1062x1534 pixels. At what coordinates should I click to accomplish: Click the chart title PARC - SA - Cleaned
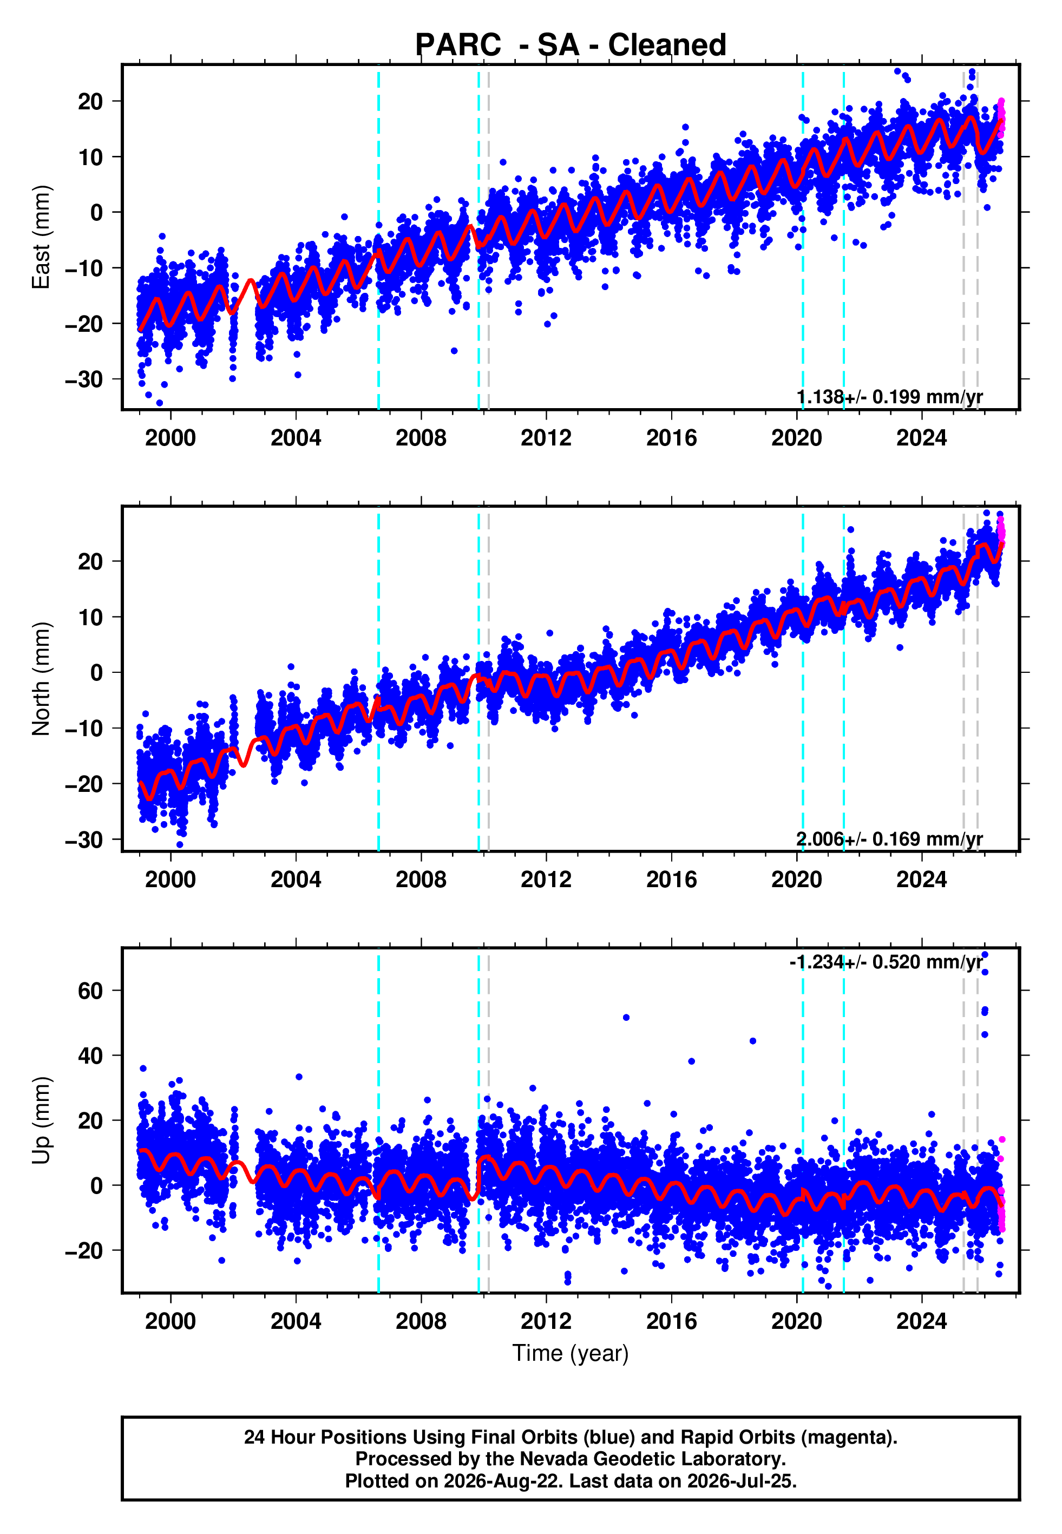point(571,45)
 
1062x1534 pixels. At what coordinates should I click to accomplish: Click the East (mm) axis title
point(41,237)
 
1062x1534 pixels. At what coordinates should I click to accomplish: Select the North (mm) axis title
point(41,679)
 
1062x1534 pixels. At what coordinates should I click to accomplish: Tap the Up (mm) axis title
point(41,1120)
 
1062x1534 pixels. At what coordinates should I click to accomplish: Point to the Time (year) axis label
point(571,1353)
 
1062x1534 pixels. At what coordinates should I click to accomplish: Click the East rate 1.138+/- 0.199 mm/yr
point(890,397)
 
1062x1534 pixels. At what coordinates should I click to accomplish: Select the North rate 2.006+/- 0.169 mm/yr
point(890,839)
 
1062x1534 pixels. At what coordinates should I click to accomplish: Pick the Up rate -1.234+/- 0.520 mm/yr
point(886,962)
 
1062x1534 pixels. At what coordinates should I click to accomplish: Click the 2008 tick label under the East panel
point(421,438)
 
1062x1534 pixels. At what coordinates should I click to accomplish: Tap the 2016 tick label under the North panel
point(671,880)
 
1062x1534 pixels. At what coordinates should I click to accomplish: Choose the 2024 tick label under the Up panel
point(922,1321)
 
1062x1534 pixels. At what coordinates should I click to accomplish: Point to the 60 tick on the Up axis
point(90,991)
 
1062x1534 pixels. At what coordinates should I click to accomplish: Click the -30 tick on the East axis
point(84,380)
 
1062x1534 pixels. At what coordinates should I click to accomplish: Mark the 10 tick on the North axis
point(90,617)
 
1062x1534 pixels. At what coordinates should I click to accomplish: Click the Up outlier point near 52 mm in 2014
point(626,1018)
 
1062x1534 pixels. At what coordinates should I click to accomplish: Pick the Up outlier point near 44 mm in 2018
point(752,1041)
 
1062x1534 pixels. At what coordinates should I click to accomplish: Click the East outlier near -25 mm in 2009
point(454,351)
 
